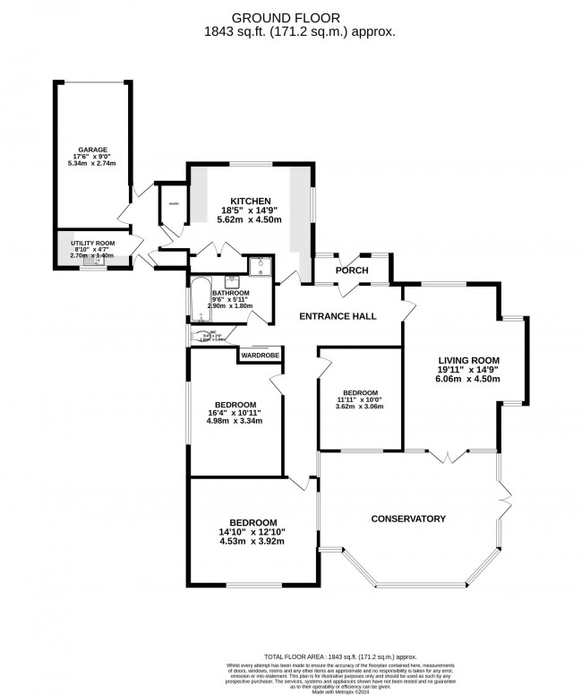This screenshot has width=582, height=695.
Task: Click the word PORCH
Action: tap(352, 270)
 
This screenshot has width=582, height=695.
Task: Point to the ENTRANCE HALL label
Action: tap(337, 316)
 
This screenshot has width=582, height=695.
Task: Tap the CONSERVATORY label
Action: tap(407, 519)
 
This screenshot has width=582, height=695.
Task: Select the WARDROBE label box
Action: tap(259, 356)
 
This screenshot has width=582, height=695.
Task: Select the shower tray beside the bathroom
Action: tap(261, 265)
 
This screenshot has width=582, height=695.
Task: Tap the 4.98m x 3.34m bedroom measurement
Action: tap(233, 420)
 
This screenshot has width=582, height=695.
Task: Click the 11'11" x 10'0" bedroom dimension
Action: tap(359, 400)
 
